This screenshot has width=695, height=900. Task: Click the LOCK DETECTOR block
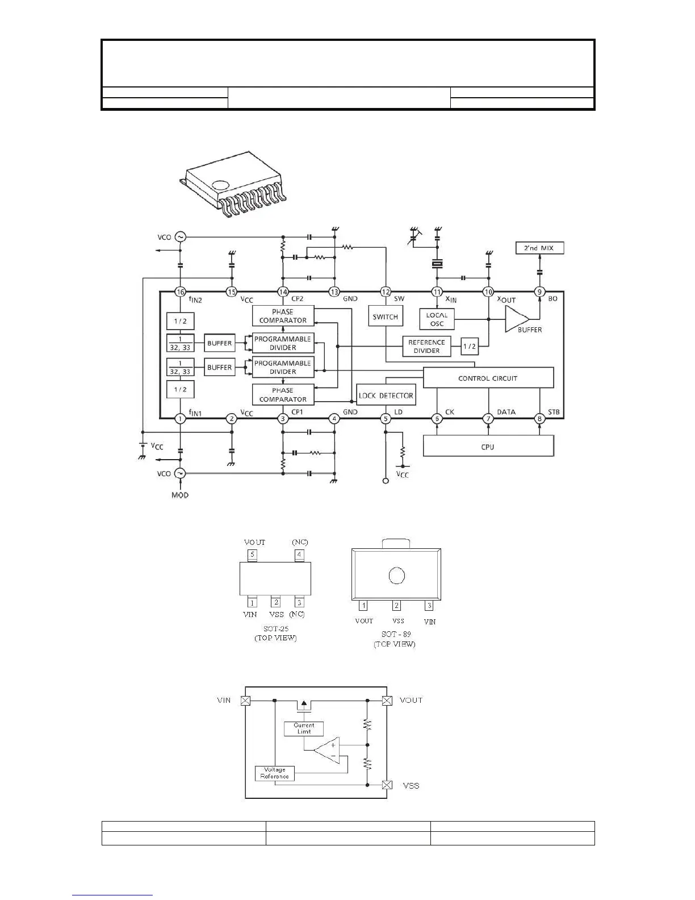[x=386, y=395]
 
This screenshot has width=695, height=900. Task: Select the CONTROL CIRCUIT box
[x=488, y=378]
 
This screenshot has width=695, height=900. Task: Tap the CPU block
[x=488, y=447]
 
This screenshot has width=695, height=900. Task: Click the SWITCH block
[x=386, y=316]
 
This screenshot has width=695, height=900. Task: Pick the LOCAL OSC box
[x=437, y=319]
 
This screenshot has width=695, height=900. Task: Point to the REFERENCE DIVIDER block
[x=426, y=347]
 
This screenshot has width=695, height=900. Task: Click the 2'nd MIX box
[x=539, y=248]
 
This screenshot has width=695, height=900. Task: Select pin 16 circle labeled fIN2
[x=180, y=292]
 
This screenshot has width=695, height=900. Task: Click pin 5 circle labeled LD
[x=386, y=419]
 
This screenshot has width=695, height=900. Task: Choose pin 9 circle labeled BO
[x=539, y=292]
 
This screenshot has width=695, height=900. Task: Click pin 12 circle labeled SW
[x=386, y=292]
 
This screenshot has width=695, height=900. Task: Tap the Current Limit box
[x=304, y=728]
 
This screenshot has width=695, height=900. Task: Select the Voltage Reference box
[x=275, y=773]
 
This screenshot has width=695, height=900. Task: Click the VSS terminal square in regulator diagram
[x=387, y=785]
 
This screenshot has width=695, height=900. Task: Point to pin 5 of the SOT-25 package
[x=252, y=555]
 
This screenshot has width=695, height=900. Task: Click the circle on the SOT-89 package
[x=396, y=576]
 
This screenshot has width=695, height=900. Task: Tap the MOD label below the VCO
[x=180, y=495]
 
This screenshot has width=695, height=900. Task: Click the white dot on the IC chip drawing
[x=220, y=185]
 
